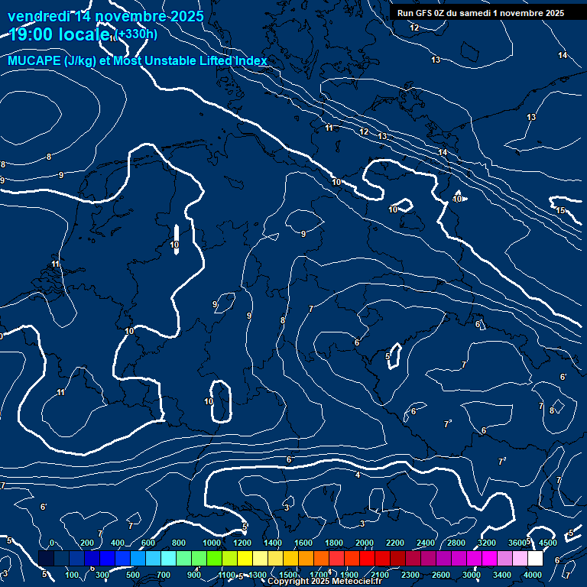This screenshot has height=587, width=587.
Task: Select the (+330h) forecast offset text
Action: click(136, 34)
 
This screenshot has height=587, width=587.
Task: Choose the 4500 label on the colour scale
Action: click(548, 543)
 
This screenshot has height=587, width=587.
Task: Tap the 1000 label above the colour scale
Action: click(212, 543)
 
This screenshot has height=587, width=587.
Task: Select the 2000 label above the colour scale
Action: click(365, 543)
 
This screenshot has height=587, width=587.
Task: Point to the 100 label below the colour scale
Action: click(72, 575)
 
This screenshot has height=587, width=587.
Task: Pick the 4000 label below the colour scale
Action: click(533, 575)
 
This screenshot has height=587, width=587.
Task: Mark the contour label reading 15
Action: click(560, 210)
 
